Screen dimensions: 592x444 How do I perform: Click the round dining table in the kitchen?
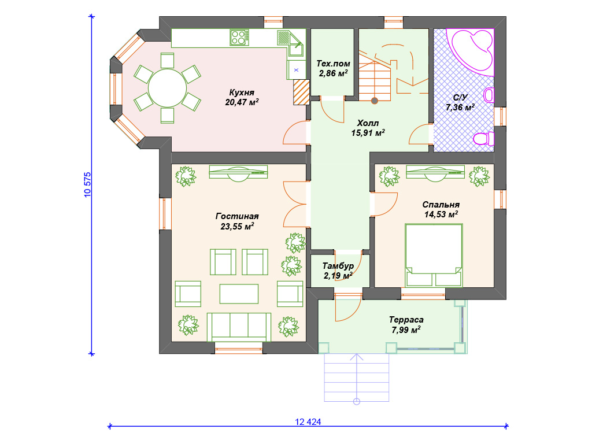[167, 88]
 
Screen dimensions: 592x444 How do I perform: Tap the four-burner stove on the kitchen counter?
[239, 38]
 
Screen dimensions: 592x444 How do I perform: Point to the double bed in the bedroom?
[434, 256]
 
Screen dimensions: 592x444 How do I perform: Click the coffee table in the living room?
[239, 294]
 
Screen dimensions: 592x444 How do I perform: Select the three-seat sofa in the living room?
[239, 327]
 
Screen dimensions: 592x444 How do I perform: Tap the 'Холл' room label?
[368, 123]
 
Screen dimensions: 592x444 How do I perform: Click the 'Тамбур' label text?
[338, 266]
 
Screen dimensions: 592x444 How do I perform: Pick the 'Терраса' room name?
[406, 320]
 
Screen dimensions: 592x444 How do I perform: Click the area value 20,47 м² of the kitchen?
[242, 102]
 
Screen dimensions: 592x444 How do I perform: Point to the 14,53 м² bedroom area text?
[441, 214]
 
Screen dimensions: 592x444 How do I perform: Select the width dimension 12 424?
[308, 421]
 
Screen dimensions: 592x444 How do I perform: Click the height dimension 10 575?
[88, 185]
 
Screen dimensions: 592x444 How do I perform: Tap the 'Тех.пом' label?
[333, 64]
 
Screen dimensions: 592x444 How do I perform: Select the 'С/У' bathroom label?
[460, 98]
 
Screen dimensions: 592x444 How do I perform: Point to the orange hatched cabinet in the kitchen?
[301, 92]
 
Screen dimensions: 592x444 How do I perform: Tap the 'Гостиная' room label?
[237, 216]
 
